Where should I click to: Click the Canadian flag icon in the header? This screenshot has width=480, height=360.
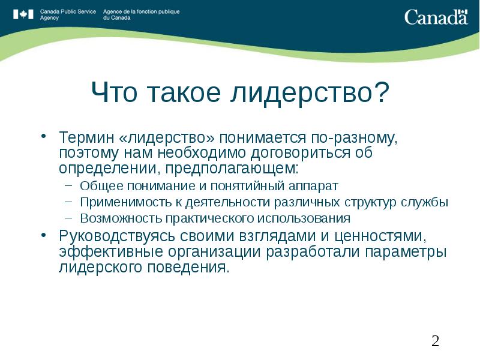click(x=24, y=14)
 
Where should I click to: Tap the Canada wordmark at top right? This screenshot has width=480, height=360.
click(x=436, y=16)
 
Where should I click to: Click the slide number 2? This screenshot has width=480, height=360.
click(x=435, y=341)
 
